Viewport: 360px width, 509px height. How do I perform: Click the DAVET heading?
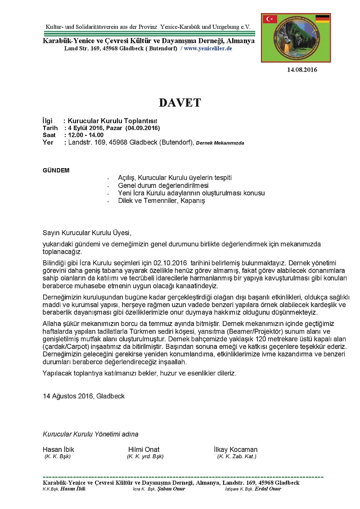(x=180, y=103)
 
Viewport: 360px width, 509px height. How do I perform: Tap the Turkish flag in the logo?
(x=270, y=19)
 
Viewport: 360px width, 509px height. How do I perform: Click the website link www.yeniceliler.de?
(x=208, y=48)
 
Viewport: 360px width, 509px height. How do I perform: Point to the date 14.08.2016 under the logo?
(x=302, y=70)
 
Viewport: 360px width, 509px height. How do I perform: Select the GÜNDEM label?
(x=56, y=170)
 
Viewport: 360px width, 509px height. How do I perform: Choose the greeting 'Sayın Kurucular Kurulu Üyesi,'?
(x=87, y=233)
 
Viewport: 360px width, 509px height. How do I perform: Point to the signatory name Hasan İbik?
(x=58, y=450)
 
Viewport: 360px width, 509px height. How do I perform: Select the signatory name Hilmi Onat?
(x=144, y=450)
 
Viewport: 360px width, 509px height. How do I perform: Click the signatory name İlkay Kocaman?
(x=236, y=450)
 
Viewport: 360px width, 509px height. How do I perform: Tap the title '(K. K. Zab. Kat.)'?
(x=237, y=456)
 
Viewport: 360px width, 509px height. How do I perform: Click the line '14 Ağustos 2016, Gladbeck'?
(x=84, y=396)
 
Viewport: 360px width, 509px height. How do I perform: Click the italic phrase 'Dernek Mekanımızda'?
(x=220, y=143)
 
